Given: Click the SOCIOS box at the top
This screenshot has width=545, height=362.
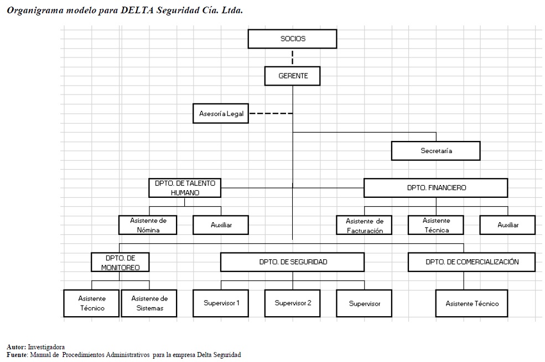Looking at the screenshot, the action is pos(292,39).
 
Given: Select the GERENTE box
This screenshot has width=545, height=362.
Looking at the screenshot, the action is pos(292,76).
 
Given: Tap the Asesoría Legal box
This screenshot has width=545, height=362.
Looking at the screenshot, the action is pos(221,113).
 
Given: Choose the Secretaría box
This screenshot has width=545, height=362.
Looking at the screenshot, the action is pos(436,151).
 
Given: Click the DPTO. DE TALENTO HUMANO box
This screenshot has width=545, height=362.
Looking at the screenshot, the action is pos(185,188).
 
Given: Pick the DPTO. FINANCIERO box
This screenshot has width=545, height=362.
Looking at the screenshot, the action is pos(436,188).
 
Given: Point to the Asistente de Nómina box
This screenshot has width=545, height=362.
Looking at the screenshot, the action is pos(148,225).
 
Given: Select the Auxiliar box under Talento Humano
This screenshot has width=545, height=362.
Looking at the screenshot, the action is pos(221,225).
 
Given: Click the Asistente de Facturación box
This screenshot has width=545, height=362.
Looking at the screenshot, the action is pos(364,225).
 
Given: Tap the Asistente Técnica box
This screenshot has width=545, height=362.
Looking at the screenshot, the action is pos(436,225).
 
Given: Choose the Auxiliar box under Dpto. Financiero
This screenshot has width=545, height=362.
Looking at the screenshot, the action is pos(507,225).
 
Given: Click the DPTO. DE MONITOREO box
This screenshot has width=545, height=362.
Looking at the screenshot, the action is pos(120,262).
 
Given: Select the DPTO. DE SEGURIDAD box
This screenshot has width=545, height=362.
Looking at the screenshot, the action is pos(292,262).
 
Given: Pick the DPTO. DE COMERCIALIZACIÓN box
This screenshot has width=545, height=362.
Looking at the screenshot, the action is pos(471,262).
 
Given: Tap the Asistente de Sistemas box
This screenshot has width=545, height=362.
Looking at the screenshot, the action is pos(149,303).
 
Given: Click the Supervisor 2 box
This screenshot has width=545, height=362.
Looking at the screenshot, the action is pos(292,303).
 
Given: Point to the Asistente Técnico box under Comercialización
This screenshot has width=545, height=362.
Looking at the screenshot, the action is pos(471,303).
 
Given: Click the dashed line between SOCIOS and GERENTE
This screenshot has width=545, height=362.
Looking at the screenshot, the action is pos(292,57).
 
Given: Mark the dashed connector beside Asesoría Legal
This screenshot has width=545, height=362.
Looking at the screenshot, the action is pos(271,113).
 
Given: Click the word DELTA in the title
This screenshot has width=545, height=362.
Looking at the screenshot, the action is pos(137,10).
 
